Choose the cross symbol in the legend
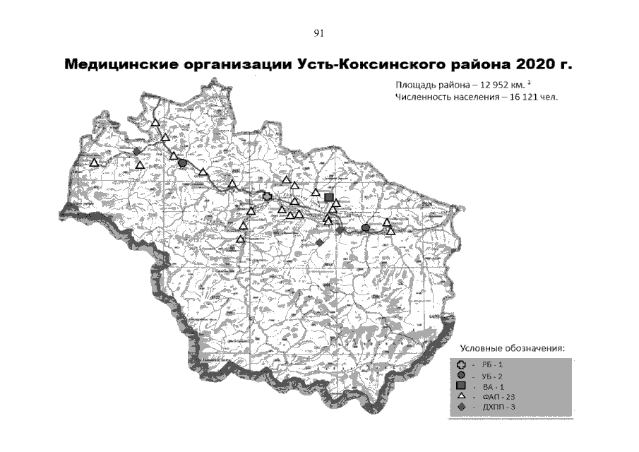(x=460, y=365)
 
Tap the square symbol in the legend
(x=460, y=387)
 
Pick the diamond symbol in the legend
(x=460, y=408)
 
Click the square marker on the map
(x=329, y=197)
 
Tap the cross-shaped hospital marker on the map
(x=267, y=197)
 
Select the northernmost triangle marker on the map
(x=155, y=123)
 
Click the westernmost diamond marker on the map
(x=136, y=151)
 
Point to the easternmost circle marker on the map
(x=365, y=227)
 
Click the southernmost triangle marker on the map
(x=241, y=239)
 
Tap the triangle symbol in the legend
(x=460, y=398)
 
